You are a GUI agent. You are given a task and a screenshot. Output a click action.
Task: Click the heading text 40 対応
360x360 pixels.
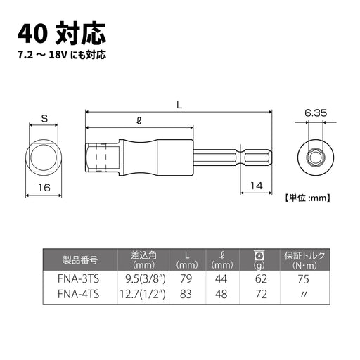(x=62, y=34)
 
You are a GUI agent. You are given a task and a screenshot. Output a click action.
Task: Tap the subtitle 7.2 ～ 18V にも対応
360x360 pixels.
(x=62, y=55)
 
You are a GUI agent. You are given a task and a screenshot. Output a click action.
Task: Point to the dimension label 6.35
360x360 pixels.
(x=316, y=113)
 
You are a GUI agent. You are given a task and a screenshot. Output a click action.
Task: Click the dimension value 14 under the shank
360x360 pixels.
(x=257, y=186)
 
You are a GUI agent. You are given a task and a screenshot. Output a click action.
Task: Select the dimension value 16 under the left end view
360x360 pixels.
(x=44, y=188)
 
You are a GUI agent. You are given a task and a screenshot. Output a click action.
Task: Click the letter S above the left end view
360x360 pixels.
(x=44, y=119)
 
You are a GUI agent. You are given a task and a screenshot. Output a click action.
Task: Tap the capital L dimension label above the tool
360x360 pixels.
(x=179, y=105)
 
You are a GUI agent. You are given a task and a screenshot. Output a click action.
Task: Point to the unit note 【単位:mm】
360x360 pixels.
(x=307, y=198)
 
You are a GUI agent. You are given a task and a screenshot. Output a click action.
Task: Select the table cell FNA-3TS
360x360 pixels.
(x=78, y=279)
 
